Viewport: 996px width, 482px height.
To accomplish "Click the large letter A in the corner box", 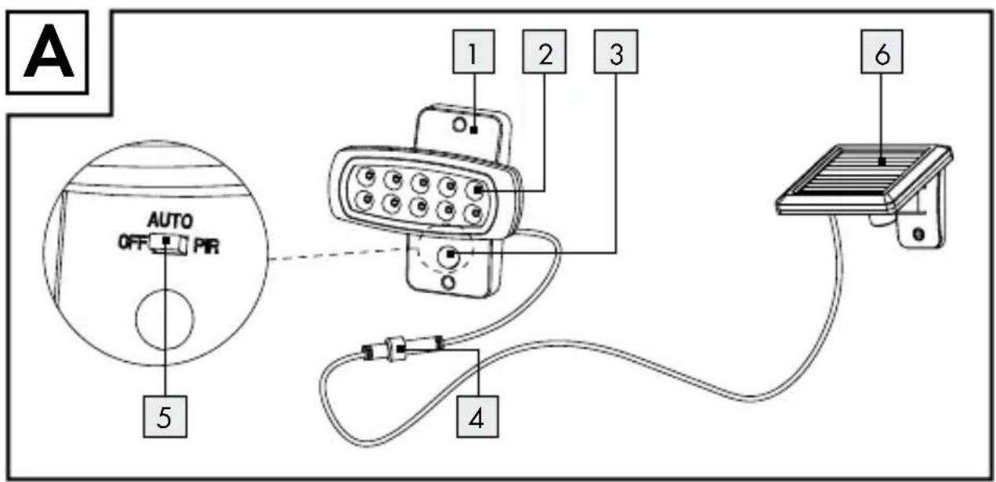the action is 49,53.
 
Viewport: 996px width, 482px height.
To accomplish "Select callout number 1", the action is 473,52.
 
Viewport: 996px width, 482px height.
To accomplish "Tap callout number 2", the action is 545,52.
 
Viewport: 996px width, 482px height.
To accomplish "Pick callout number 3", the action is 616,52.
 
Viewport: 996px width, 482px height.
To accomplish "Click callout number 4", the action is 477,417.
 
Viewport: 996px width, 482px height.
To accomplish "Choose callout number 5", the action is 165,417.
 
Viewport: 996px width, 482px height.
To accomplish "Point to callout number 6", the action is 882,52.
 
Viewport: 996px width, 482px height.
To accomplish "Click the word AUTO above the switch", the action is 170,220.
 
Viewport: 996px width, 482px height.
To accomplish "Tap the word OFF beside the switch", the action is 132,243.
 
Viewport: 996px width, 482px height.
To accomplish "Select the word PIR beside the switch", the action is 207,246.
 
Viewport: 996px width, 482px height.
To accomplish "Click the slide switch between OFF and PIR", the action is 168,244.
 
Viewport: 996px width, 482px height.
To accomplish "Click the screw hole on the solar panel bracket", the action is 918,234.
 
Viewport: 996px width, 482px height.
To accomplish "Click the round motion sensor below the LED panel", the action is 448,257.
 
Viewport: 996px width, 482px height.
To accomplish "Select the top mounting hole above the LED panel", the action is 459,125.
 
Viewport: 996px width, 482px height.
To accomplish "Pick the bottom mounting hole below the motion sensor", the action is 448,282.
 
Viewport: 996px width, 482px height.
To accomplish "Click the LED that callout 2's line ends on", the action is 476,190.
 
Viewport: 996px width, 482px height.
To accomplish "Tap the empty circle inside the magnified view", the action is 165,319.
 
